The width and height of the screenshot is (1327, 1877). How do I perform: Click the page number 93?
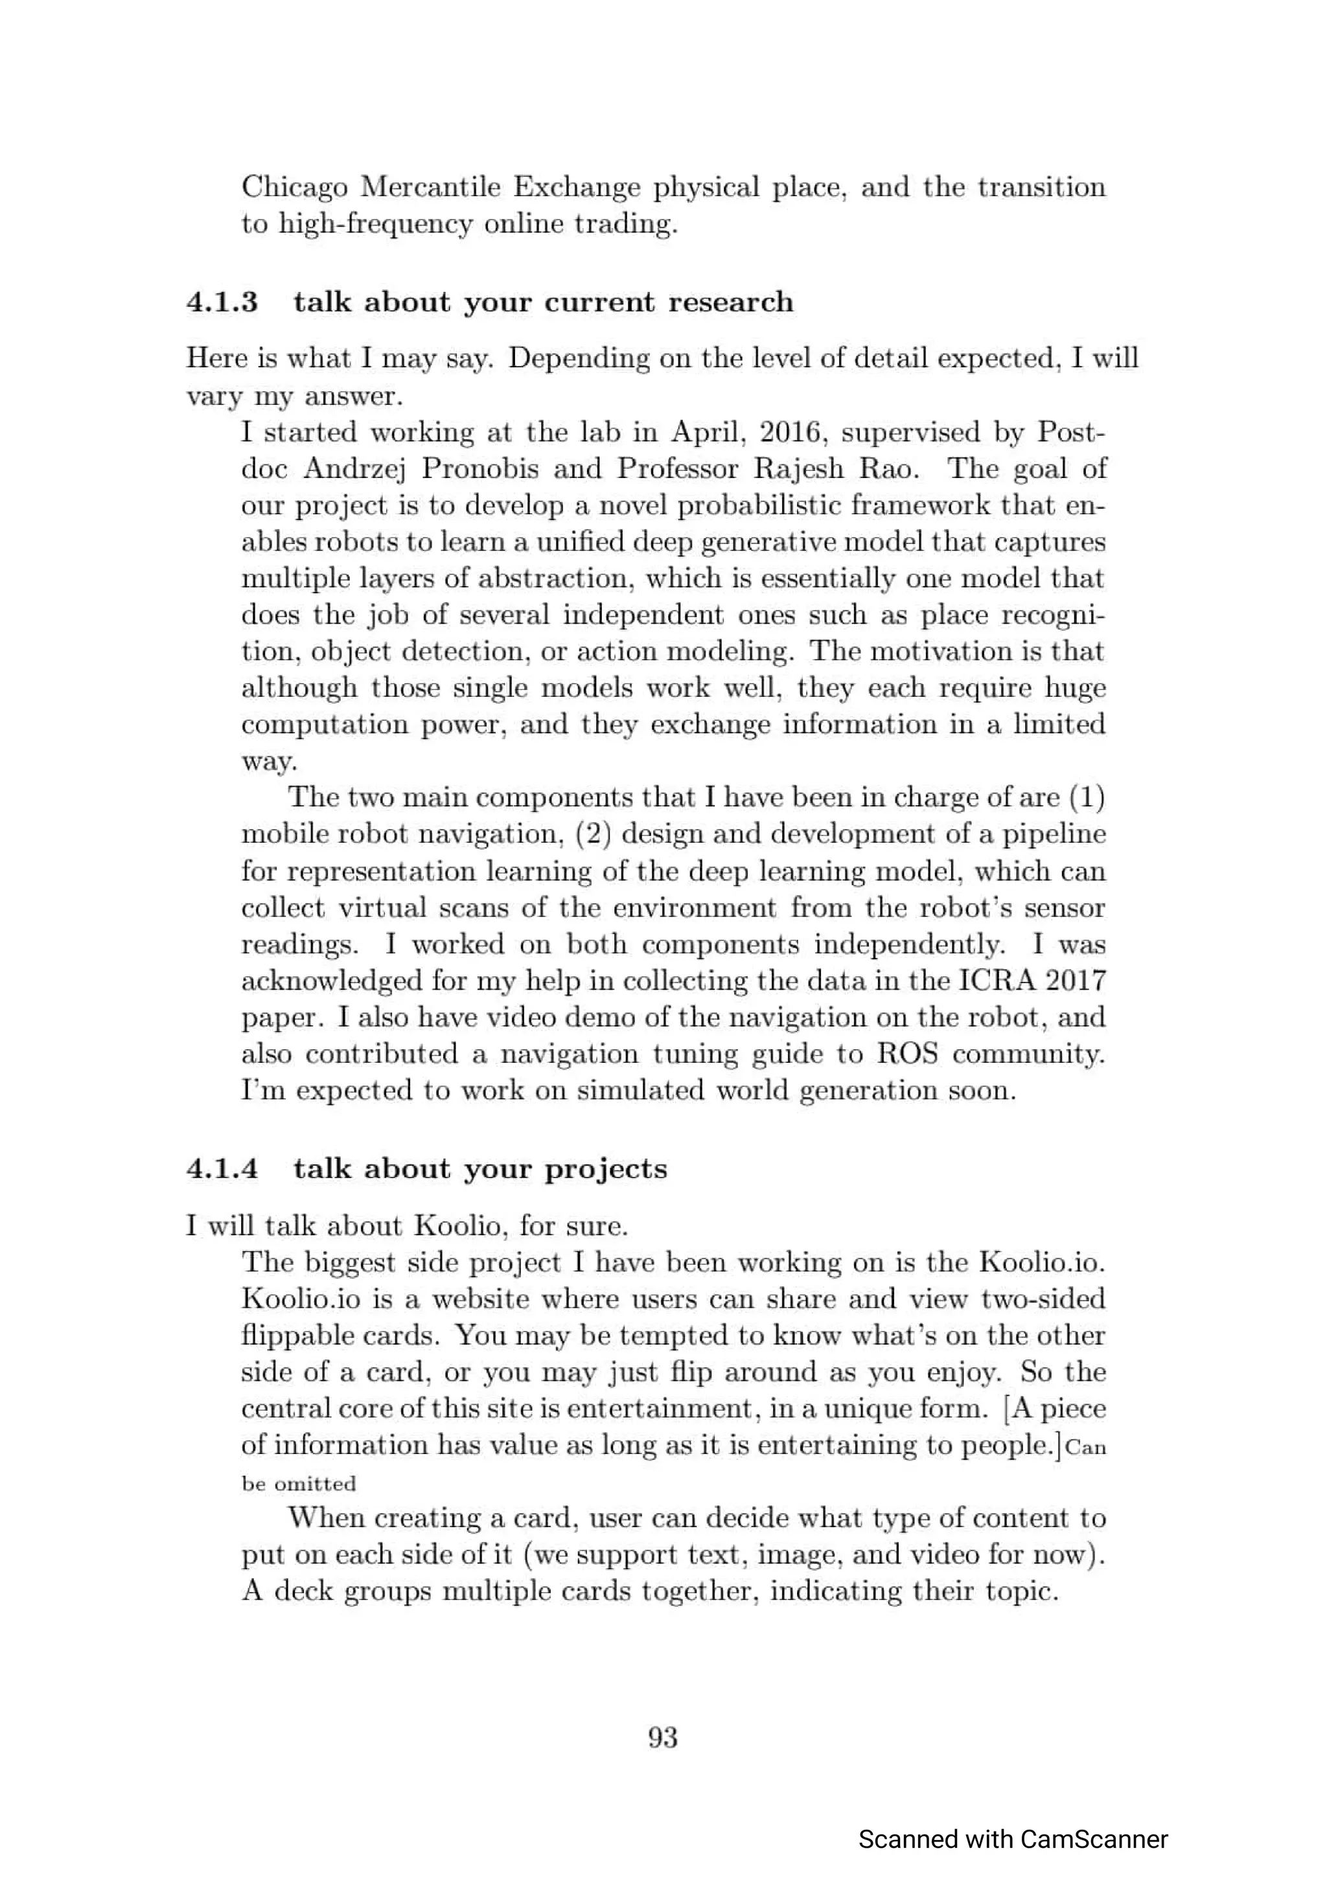point(662,1737)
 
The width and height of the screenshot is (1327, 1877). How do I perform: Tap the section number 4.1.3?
point(222,302)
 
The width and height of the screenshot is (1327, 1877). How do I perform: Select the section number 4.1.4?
point(222,1169)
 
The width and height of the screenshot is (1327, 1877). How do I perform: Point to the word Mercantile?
point(430,187)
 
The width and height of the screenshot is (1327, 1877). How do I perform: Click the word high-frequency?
point(375,224)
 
